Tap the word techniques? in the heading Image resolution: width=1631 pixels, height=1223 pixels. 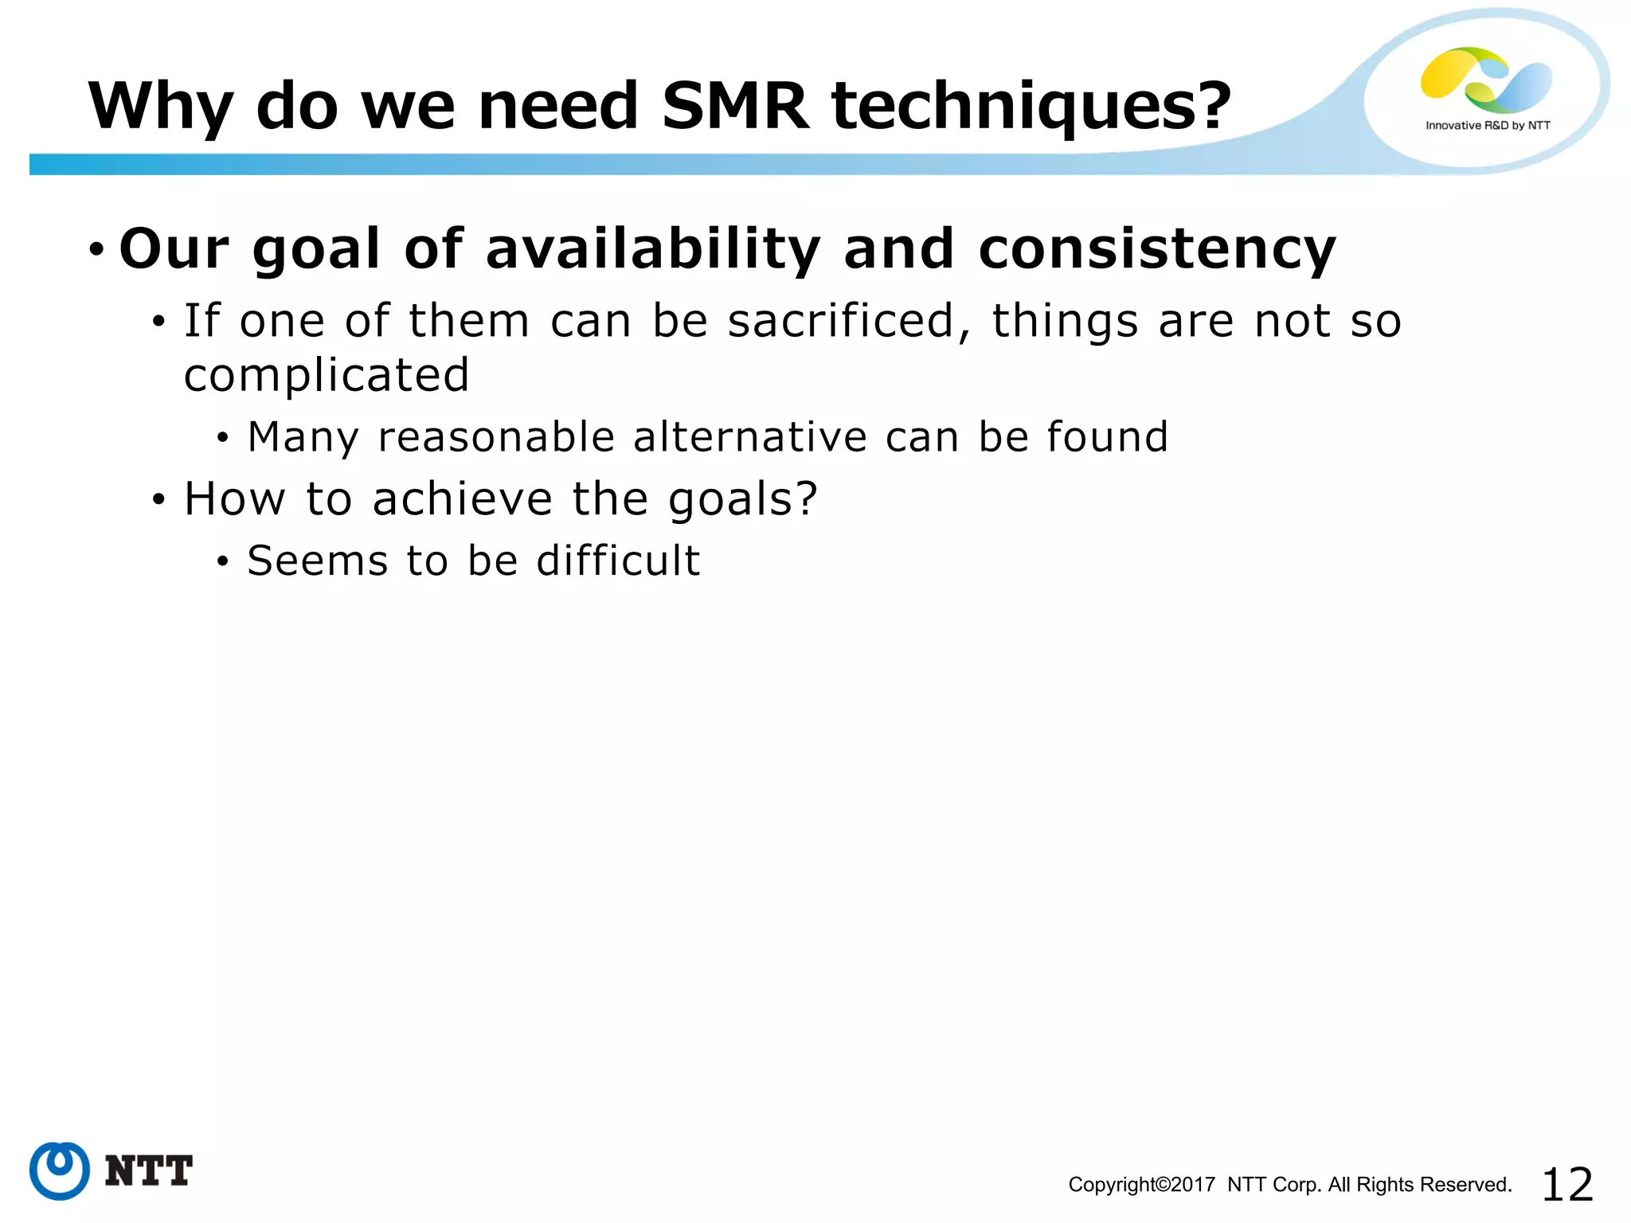[x=1031, y=107]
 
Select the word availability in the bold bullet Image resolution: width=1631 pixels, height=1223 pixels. [x=652, y=250]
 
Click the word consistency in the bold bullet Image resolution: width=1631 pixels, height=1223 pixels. [x=1156, y=250]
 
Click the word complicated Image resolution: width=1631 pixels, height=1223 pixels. [x=327, y=375]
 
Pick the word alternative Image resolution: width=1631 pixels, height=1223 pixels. [x=749, y=437]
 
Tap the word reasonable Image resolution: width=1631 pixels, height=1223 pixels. [x=496, y=438]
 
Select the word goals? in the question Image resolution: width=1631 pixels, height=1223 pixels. [x=742, y=500]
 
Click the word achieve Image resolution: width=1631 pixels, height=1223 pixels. [x=462, y=499]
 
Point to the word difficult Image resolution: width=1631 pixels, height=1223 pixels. [x=618, y=561]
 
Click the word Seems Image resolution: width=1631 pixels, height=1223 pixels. [x=317, y=561]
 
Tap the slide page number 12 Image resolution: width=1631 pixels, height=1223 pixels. [x=1566, y=1184]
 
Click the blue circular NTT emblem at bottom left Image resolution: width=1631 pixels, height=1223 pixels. [x=60, y=1170]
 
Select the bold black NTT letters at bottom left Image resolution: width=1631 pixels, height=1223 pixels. [x=149, y=1171]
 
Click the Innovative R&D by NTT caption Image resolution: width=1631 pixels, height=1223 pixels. [x=1487, y=126]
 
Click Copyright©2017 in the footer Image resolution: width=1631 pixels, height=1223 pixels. [x=1141, y=1185]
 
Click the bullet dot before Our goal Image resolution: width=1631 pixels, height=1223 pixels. [x=96, y=250]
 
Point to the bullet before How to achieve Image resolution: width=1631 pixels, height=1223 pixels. [x=159, y=500]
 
